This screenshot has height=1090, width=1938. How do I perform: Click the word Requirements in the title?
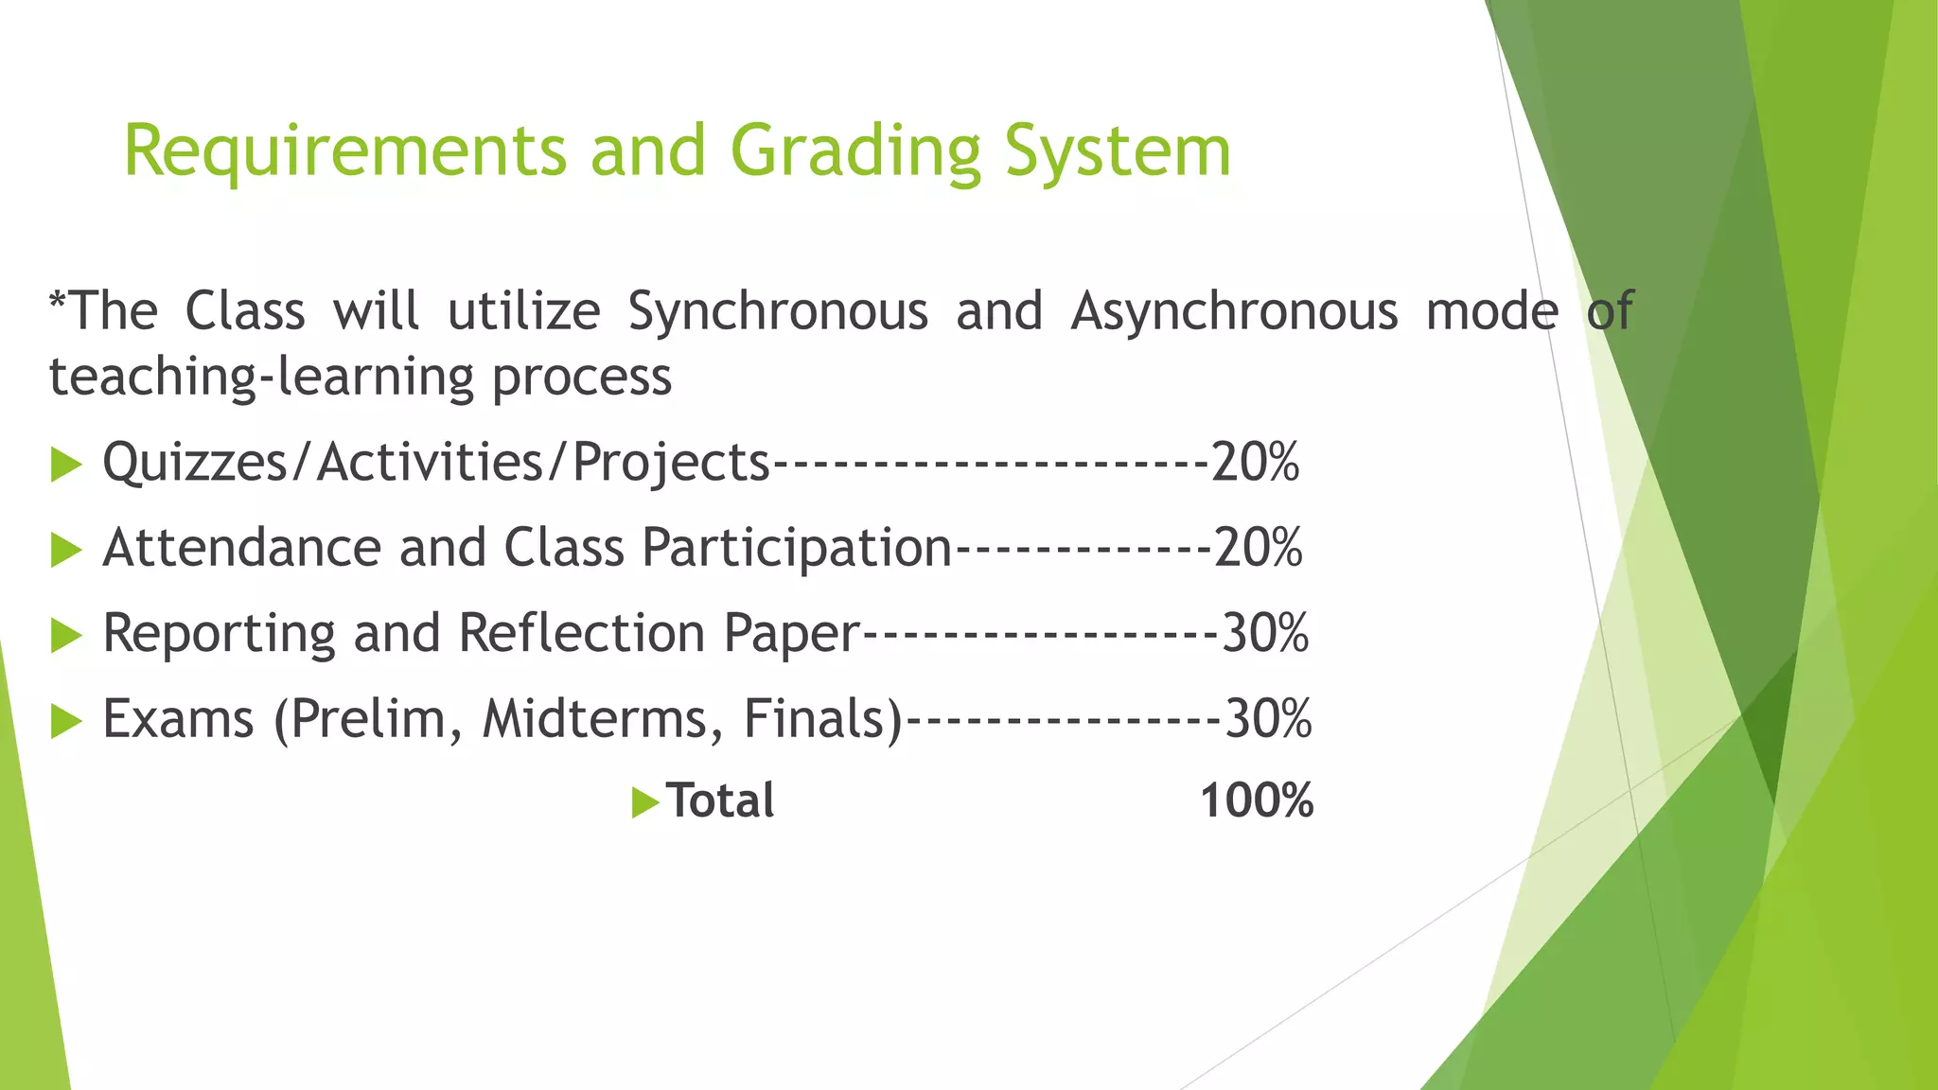click(344, 151)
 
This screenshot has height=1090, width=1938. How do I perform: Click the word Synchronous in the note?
click(778, 312)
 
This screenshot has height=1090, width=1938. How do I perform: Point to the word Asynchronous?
click(1234, 312)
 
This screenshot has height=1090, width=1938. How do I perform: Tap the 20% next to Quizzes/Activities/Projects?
click(1255, 463)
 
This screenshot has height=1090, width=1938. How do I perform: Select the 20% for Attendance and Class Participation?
click(1258, 548)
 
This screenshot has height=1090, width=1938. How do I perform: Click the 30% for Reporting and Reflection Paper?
click(1265, 633)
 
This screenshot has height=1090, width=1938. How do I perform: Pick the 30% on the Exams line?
click(1268, 718)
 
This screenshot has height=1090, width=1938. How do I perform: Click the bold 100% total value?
click(1257, 801)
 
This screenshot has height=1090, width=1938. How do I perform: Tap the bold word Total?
click(720, 801)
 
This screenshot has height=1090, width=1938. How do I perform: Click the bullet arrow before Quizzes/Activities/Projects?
click(65, 465)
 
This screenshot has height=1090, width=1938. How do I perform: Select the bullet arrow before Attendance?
click(65, 550)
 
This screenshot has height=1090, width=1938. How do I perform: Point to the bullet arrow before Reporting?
click(65, 635)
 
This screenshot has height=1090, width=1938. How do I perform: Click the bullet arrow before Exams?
click(65, 720)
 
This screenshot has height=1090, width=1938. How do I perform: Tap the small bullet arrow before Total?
click(644, 803)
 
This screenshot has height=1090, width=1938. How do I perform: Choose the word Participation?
click(796, 549)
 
